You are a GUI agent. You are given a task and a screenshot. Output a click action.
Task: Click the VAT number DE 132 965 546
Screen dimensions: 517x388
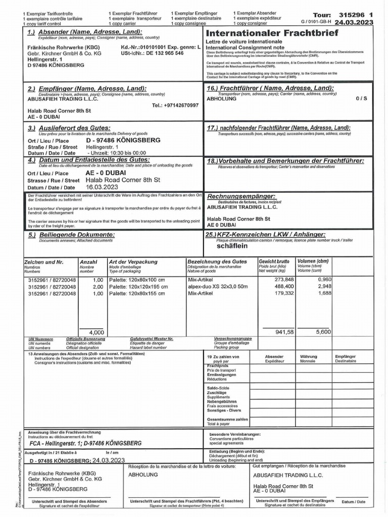tap(158, 53)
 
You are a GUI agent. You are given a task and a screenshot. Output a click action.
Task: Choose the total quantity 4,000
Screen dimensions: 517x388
tap(96, 332)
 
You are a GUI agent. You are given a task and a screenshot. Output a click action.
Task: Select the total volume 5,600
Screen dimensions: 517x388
tap(323, 332)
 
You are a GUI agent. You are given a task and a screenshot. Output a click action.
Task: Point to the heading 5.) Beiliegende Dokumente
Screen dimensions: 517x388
tap(71, 235)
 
